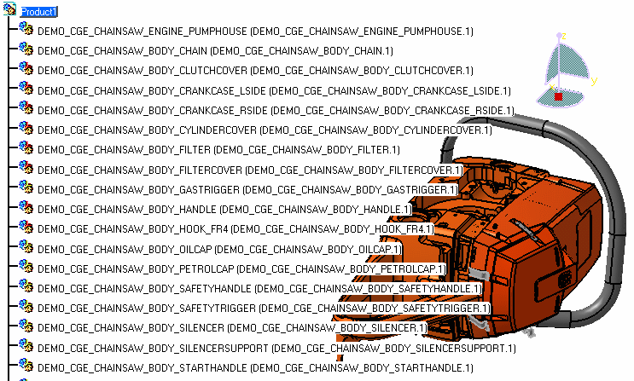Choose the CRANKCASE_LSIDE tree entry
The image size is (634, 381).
click(274, 90)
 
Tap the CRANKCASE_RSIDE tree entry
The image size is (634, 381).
click(276, 111)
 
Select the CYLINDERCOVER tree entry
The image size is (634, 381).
click(265, 130)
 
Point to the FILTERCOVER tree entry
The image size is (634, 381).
click(250, 170)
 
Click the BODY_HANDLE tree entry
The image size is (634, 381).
click(224, 209)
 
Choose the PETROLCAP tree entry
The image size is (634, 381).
click(241, 268)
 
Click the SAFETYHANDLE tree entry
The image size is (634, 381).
click(259, 288)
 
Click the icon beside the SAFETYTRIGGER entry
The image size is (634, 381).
click(26, 307)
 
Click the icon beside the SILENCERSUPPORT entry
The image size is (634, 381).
click(26, 346)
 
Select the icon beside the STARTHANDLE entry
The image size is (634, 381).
click(26, 367)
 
